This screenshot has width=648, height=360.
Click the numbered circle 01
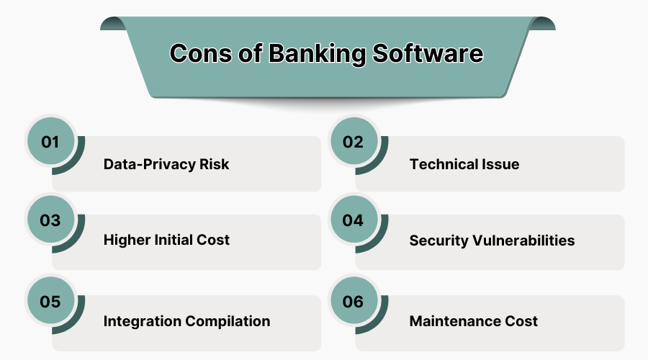click(50, 142)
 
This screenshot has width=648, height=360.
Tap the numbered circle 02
click(353, 142)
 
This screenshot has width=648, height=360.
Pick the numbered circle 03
click(50, 221)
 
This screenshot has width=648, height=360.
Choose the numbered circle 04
click(353, 221)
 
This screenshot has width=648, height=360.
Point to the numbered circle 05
click(50, 302)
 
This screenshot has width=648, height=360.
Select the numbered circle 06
click(353, 302)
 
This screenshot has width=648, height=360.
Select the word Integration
click(143, 321)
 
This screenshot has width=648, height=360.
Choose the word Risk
click(215, 164)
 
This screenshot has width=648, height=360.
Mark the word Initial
click(176, 240)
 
